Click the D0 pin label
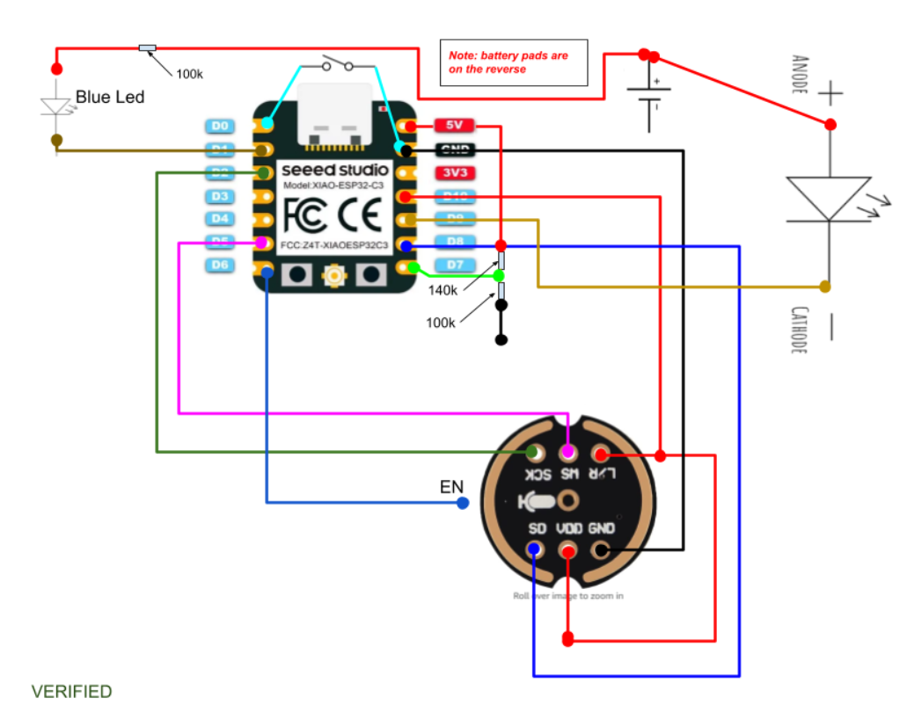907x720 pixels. [x=219, y=127]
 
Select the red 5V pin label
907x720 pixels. [x=455, y=127]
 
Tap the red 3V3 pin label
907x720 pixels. [x=455, y=172]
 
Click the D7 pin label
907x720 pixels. [x=455, y=265]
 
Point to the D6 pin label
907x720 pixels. [x=219, y=265]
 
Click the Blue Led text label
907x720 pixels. [x=111, y=97]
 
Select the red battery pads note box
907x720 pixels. [x=514, y=62]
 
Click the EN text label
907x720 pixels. [x=451, y=487]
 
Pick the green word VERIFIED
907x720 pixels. [x=72, y=692]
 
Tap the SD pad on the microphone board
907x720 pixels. [x=534, y=549]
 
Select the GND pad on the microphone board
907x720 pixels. [x=601, y=549]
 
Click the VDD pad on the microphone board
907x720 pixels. [x=568, y=550]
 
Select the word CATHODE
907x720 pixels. [x=799, y=330]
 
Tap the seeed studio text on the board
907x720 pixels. [x=334, y=170]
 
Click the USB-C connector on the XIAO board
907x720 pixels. [x=334, y=114]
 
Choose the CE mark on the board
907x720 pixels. [x=360, y=214]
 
